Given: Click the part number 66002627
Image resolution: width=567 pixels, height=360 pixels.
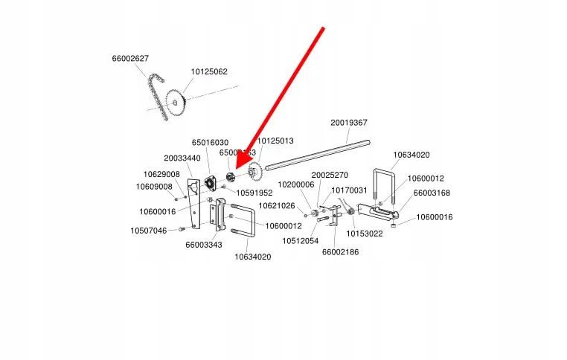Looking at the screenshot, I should tap(130, 58).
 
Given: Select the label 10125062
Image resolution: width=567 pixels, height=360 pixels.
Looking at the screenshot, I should tap(209, 72).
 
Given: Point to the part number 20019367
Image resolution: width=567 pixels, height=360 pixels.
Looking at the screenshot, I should tap(349, 123).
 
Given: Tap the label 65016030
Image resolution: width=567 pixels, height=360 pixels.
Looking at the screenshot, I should tap(210, 142).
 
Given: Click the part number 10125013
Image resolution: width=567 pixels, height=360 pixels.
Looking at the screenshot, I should tap(275, 141).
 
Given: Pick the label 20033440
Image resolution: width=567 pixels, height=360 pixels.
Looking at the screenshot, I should tap(182, 158).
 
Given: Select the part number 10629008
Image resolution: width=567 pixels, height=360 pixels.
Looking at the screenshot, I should tap(161, 174).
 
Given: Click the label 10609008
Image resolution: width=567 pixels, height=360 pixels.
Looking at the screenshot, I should tap(154, 187).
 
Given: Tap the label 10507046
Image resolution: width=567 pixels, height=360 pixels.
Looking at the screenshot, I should tap(149, 231).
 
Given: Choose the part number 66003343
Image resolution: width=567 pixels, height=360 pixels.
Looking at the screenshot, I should tap(204, 244).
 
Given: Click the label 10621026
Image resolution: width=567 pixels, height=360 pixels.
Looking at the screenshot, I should tap(277, 205).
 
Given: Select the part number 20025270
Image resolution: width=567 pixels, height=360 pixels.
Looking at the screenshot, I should tap(330, 175).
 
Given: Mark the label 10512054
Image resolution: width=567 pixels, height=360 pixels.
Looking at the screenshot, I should tap(300, 240).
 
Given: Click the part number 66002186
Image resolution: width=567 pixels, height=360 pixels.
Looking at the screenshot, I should tap(340, 252).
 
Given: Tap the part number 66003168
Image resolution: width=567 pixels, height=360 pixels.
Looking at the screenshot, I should tap(432, 193).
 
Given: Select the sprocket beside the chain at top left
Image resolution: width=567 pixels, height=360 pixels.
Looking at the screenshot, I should tap(177, 103).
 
